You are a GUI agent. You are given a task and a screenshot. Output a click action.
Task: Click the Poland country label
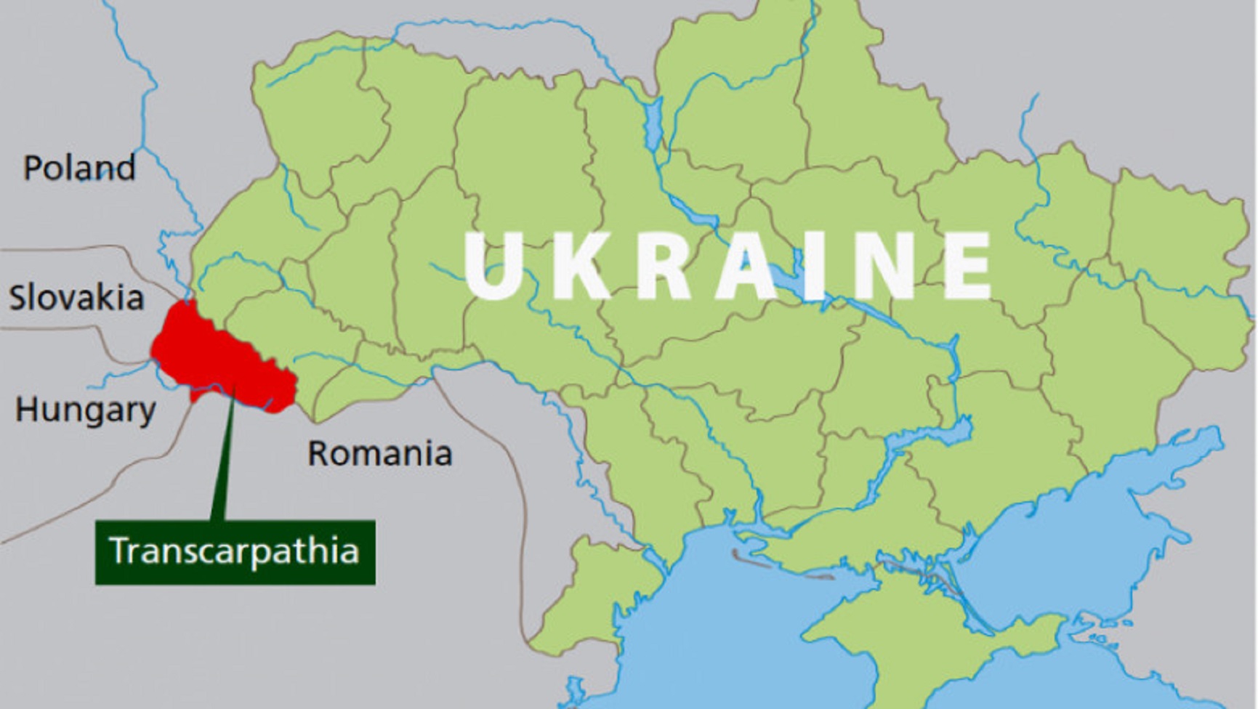pyautogui.click(x=79, y=168)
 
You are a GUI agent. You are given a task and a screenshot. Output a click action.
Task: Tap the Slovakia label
pyautogui.click(x=76, y=298)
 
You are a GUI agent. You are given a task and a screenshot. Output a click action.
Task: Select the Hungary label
pyautogui.click(x=85, y=410)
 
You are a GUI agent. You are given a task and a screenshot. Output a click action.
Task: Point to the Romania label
pyautogui.click(x=379, y=454)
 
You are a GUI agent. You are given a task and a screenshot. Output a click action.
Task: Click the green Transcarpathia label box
pyautogui.click(x=235, y=552)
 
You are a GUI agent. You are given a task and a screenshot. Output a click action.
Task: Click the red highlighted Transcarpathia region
pyautogui.click(x=218, y=360)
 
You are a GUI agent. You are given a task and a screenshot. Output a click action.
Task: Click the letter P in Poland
pyautogui.click(x=33, y=168)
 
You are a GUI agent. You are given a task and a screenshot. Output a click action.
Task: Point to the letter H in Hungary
pyautogui.click(x=27, y=409)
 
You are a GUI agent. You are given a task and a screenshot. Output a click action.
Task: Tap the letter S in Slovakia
pyautogui.click(x=19, y=298)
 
